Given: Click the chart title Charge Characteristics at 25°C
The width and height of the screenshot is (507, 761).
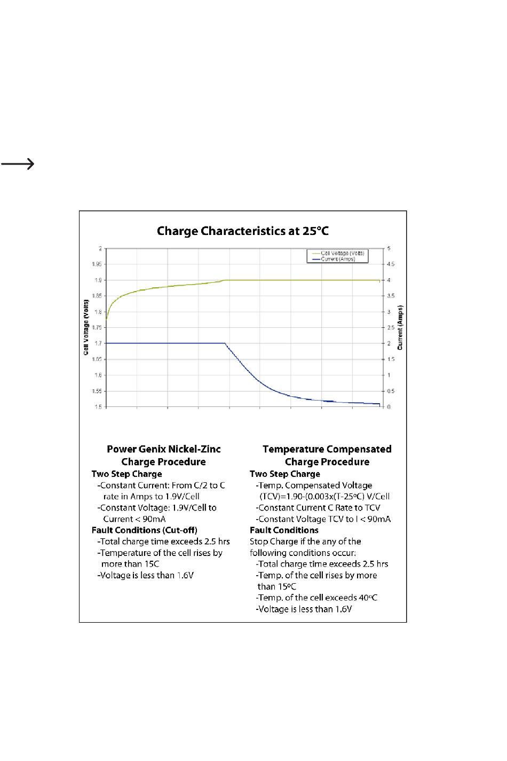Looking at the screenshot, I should click(x=243, y=231).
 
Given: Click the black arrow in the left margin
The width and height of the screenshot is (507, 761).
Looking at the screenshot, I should click(x=18, y=164).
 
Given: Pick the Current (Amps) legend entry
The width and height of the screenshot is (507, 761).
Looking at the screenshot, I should click(x=337, y=259).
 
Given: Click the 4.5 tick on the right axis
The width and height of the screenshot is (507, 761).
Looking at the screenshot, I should click(x=391, y=264).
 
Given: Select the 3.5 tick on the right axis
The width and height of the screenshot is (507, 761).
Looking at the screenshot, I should click(x=391, y=296).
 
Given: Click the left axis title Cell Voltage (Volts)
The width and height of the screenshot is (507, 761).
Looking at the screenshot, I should click(x=86, y=327).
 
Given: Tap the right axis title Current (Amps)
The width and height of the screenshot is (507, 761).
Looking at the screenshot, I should click(x=401, y=327).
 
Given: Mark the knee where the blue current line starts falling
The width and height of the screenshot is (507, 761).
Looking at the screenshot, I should click(x=225, y=343).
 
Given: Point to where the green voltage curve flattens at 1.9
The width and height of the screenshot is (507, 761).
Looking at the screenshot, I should click(x=224, y=280).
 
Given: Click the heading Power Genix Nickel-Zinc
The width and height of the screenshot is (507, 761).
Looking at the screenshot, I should click(x=163, y=449).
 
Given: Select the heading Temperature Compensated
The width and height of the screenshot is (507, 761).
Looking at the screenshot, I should click(x=327, y=449).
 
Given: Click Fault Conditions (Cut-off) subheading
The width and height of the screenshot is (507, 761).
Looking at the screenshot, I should click(x=144, y=530).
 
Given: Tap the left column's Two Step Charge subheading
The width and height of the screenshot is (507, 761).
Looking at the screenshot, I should click(x=126, y=474).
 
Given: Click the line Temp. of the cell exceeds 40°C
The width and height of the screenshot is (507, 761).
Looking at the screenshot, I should click(x=317, y=598).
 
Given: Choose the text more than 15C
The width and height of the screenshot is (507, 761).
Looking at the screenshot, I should click(x=130, y=564).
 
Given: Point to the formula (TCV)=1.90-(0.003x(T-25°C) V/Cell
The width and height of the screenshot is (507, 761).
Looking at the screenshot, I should click(x=324, y=497).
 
